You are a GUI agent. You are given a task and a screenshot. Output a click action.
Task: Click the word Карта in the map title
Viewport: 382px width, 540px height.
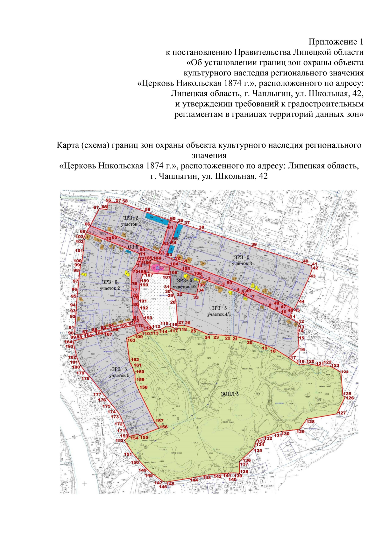67,145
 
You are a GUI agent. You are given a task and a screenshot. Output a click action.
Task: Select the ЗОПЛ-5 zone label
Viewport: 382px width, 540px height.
230,394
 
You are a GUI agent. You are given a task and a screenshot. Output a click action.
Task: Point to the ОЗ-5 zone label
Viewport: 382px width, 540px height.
133,247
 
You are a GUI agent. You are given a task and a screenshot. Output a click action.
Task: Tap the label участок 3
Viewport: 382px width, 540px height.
242,263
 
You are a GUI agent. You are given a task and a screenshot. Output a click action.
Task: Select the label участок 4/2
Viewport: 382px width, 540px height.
185,287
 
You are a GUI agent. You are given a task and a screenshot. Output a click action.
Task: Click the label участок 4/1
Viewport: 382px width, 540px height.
219,314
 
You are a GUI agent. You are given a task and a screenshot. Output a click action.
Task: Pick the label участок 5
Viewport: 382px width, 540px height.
119,375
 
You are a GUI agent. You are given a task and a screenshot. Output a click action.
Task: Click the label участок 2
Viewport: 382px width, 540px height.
110,288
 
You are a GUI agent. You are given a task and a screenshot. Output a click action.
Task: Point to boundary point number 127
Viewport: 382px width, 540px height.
341,413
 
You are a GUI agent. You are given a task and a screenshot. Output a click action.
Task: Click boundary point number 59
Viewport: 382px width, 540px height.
147,210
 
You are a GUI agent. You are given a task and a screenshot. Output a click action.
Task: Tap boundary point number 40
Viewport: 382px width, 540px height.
305,261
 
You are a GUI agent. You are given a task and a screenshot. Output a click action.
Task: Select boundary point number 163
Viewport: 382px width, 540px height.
131,340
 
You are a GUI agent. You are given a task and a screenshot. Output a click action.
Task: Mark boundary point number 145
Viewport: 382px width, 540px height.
171,484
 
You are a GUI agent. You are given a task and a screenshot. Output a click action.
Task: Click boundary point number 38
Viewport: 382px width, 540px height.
201,227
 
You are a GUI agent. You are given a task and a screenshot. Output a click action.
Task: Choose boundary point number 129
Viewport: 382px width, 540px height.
301,431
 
